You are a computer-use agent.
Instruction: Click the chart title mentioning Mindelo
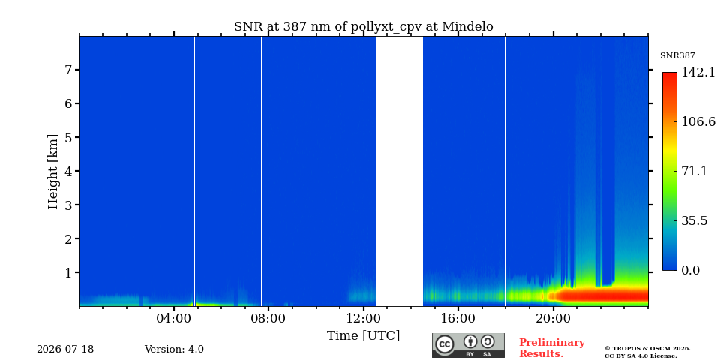click(x=364, y=27)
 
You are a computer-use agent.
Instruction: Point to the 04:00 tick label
click(x=174, y=319)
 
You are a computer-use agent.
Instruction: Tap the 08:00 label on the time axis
click(x=268, y=319)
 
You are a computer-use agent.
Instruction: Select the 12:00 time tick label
click(x=363, y=319)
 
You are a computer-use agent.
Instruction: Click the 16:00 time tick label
click(x=458, y=319)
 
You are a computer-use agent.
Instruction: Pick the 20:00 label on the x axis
click(x=553, y=319)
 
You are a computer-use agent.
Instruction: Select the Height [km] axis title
click(x=53, y=172)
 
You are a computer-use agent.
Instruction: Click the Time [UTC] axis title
click(x=363, y=336)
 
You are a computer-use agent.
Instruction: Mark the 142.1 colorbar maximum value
click(x=698, y=72)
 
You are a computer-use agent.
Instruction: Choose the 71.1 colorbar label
click(x=694, y=171)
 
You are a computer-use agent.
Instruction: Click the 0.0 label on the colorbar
click(x=690, y=271)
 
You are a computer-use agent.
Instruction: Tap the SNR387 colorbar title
click(x=677, y=56)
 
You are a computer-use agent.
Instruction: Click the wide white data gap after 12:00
click(x=399, y=171)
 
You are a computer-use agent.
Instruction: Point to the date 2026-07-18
click(x=65, y=349)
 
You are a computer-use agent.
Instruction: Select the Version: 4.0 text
click(x=174, y=349)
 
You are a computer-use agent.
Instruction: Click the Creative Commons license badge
click(x=468, y=345)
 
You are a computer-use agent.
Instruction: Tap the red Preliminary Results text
click(x=552, y=348)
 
